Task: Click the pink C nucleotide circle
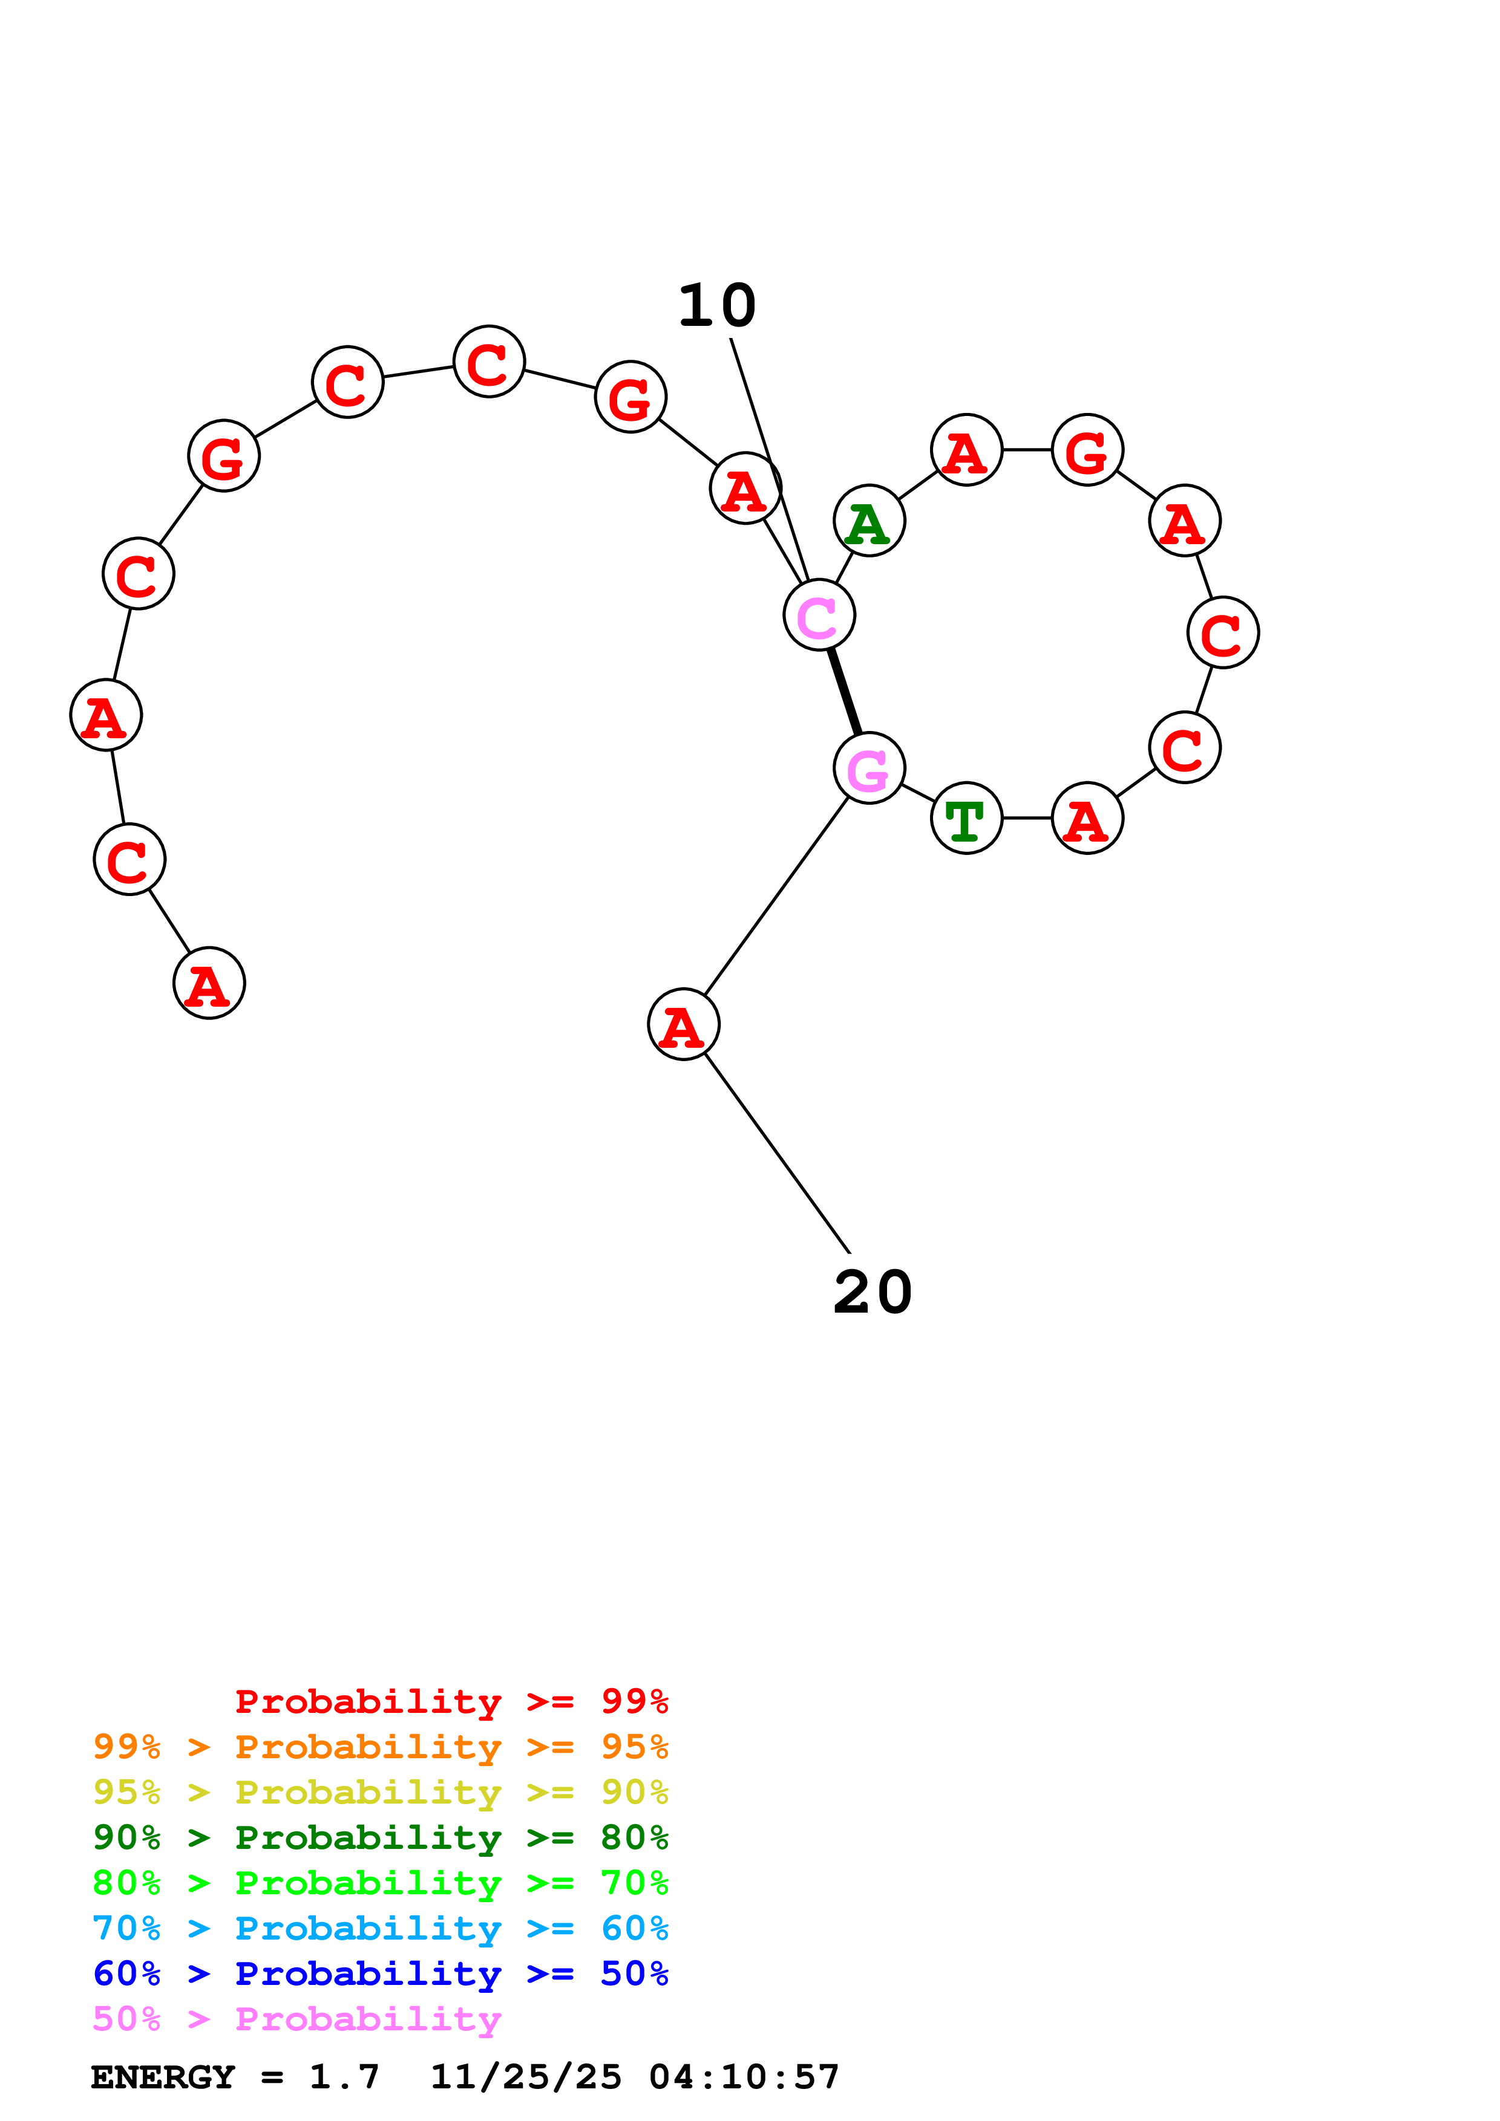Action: click(x=819, y=616)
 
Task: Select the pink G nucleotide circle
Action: click(x=869, y=768)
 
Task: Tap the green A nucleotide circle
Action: click(x=869, y=521)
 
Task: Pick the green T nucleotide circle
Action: click(x=967, y=819)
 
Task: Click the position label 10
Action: click(x=716, y=307)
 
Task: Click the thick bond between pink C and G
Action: click(x=845, y=692)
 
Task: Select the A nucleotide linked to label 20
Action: click(x=684, y=1024)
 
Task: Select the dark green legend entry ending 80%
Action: click(x=381, y=1838)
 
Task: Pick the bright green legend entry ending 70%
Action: click(x=381, y=1883)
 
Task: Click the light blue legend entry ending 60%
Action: click(x=381, y=1929)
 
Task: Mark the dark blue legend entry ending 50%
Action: click(x=381, y=1974)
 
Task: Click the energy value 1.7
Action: click(x=344, y=2077)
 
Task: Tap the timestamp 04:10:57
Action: click(x=744, y=2077)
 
